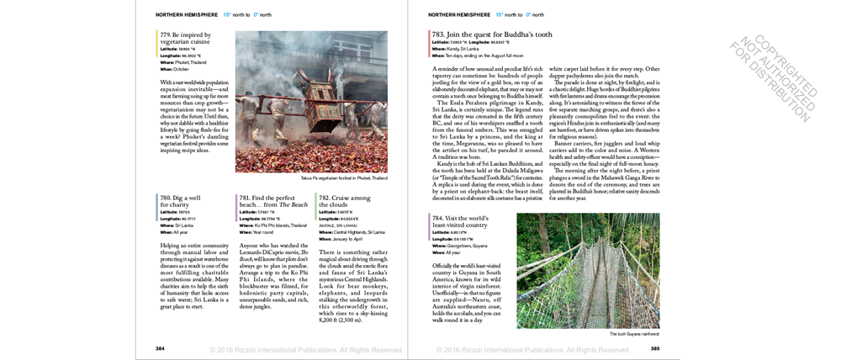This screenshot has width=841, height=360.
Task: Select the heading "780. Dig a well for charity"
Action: [x=179, y=201]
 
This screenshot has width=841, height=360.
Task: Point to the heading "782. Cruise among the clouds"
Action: [x=344, y=201]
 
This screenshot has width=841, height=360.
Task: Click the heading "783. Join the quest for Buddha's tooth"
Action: [x=492, y=34]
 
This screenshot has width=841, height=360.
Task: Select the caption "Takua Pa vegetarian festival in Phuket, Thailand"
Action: [x=345, y=178]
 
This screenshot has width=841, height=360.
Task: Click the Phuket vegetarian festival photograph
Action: [x=311, y=102]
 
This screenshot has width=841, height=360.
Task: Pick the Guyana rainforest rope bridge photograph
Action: [x=588, y=270]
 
